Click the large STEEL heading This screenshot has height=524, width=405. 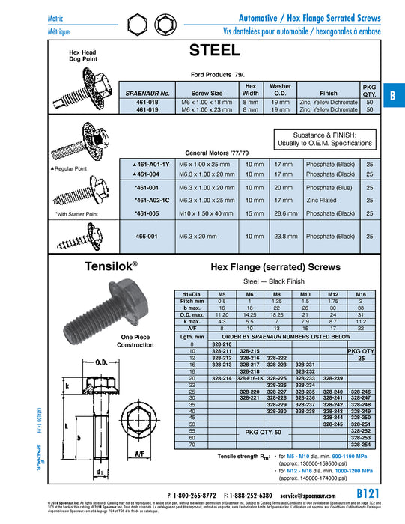[215, 51]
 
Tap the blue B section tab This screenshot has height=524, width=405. [392, 95]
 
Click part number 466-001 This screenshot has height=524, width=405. [147, 235]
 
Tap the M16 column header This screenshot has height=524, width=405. [361, 294]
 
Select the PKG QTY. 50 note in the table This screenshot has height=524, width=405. [249, 433]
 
